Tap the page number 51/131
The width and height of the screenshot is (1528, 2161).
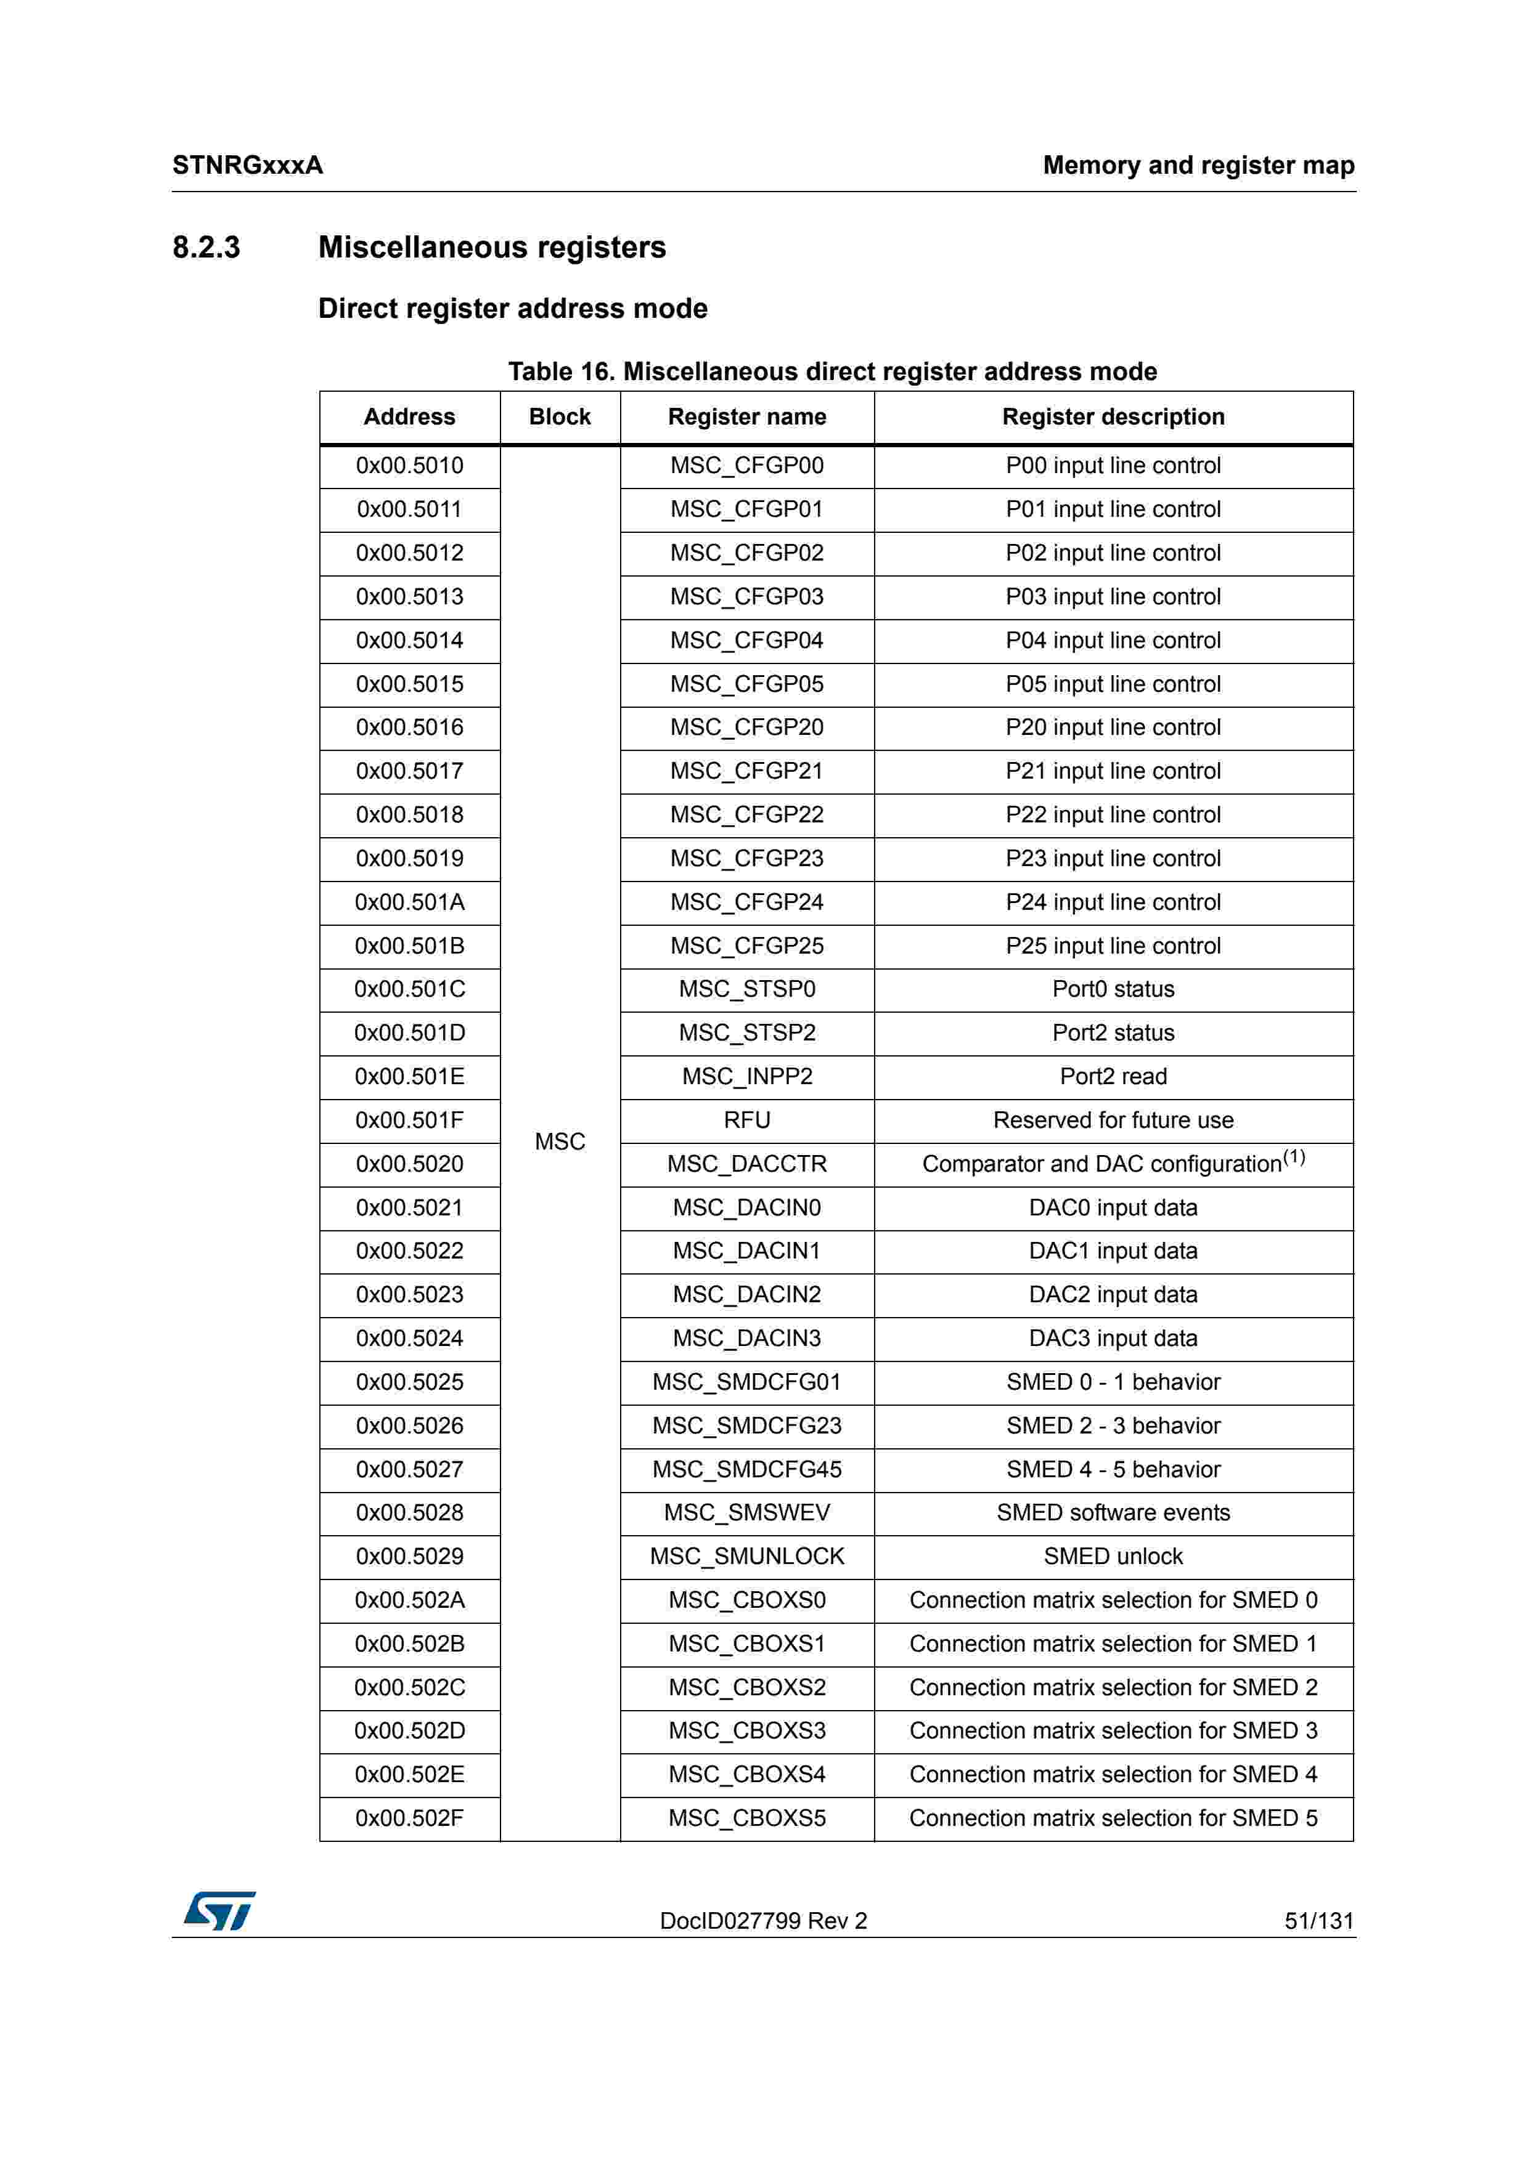1318,1920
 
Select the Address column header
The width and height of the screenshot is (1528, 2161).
409,417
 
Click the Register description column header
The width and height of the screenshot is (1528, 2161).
1113,417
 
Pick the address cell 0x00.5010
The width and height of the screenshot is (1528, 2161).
409,466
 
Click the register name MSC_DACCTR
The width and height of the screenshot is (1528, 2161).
746,1164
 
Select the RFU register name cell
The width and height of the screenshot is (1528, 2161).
746,1120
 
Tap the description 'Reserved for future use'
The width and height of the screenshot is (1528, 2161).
1113,1120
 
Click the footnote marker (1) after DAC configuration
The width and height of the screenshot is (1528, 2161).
1294,1157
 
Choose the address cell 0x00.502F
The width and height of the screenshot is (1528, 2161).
409,1818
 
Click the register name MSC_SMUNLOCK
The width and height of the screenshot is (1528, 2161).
746,1557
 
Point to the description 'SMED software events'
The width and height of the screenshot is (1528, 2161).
1113,1512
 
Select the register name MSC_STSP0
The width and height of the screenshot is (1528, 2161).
746,989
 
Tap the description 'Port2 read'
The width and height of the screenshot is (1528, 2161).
1113,1077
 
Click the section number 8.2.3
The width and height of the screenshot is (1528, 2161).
206,248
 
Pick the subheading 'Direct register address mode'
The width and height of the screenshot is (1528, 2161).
512,309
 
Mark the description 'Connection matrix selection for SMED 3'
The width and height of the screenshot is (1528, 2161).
1113,1731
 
